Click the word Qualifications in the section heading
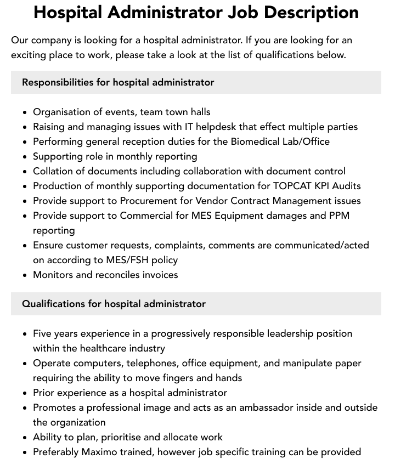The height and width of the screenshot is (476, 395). pyautogui.click(x=54, y=304)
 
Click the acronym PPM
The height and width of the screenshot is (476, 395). pyautogui.click(x=338, y=216)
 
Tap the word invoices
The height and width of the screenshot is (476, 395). pyautogui.click(x=158, y=275)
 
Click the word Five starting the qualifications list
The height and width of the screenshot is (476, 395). pyautogui.click(x=43, y=333)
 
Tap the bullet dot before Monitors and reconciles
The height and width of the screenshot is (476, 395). pyautogui.click(x=25, y=275)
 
